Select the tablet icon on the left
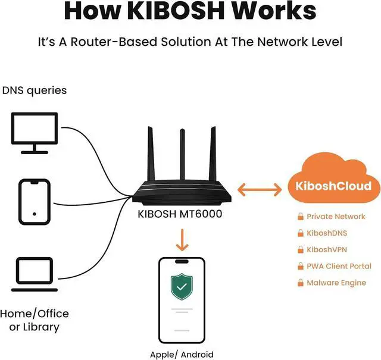click(x=35, y=203)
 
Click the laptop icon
click(x=35, y=274)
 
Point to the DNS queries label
click(x=35, y=91)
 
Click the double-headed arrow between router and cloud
click(x=260, y=190)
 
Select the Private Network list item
click(x=336, y=217)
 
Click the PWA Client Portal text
click(x=339, y=267)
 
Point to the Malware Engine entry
click(x=336, y=283)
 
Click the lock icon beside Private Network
click(x=301, y=217)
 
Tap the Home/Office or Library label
click(x=35, y=320)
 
